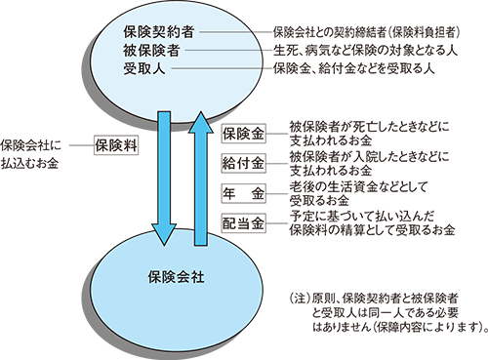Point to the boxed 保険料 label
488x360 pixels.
(x=116, y=143)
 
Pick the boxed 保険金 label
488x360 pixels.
(x=244, y=134)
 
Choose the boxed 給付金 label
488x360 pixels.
(x=244, y=162)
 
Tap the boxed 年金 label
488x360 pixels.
(x=244, y=191)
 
